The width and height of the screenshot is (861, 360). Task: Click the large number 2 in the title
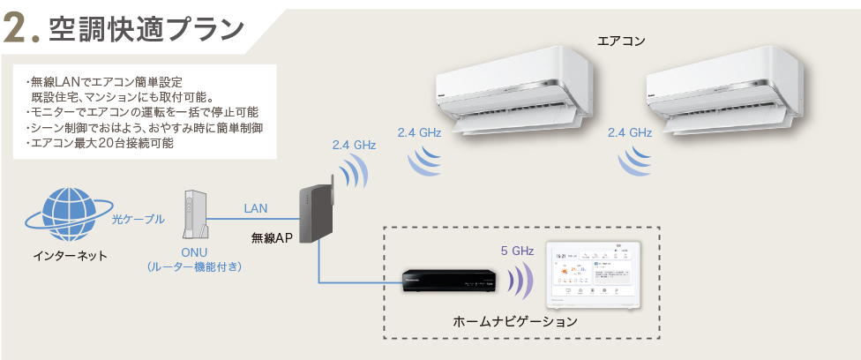point(19,28)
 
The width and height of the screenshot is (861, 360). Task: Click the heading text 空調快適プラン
point(146,28)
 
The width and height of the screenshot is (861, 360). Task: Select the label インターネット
point(70,256)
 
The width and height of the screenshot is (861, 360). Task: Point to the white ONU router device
point(195,214)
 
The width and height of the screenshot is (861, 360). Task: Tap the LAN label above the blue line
point(256,208)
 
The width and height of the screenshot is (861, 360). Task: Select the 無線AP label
point(272,237)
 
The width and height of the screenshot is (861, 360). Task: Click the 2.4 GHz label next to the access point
point(355,145)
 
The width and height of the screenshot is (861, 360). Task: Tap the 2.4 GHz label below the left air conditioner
point(419,132)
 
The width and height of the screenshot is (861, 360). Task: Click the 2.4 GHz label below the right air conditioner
point(630,132)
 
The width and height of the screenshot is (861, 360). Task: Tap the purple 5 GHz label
point(517,251)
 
